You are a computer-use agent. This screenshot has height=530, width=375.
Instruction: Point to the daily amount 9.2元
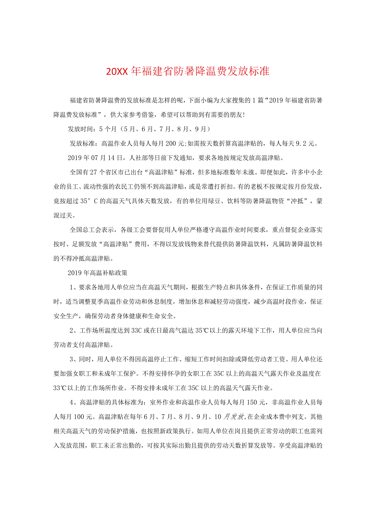coord(308,143)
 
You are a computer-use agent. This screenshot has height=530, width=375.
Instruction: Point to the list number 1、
coord(74,287)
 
